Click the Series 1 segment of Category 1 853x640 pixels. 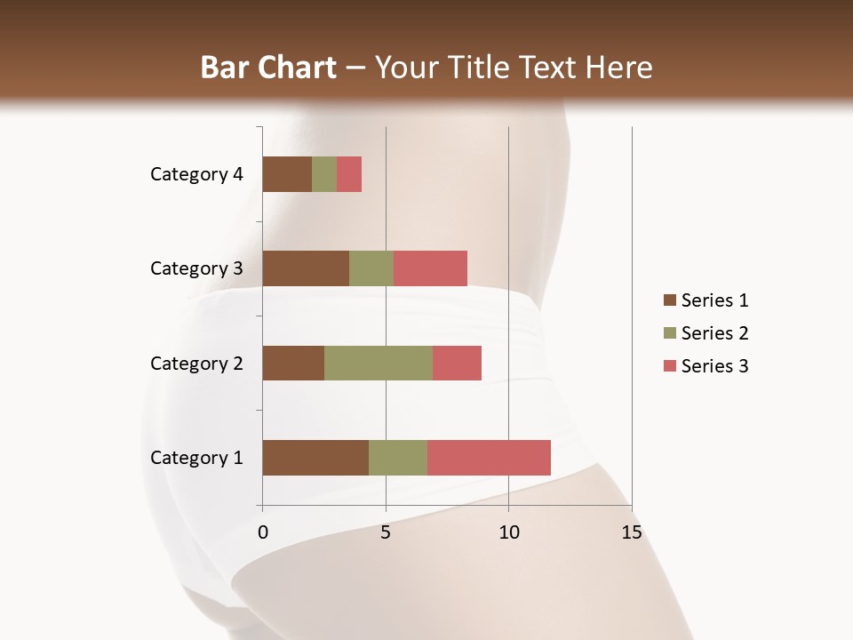pyautogui.click(x=315, y=458)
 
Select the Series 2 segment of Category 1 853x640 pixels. pyautogui.click(x=398, y=458)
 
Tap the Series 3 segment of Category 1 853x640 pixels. pyautogui.click(x=489, y=458)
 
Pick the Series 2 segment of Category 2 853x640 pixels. pyautogui.click(x=379, y=363)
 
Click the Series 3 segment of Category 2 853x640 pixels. pyautogui.click(x=457, y=363)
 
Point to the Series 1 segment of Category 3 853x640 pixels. pyautogui.click(x=306, y=268)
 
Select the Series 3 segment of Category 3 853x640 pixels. pyautogui.click(x=430, y=268)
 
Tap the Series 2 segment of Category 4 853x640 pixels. pyautogui.click(x=324, y=174)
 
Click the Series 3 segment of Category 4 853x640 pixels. pyautogui.click(x=349, y=174)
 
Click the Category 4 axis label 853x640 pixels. pyautogui.click(x=196, y=174)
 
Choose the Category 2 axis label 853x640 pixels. pyautogui.click(x=196, y=363)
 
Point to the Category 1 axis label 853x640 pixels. pyautogui.click(x=196, y=458)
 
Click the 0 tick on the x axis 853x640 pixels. pyautogui.click(x=263, y=532)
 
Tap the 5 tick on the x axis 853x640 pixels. pyautogui.click(x=386, y=532)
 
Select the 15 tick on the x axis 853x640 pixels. pyautogui.click(x=631, y=532)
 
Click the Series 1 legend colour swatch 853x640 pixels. pyautogui.click(x=669, y=300)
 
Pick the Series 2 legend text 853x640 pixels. pyautogui.click(x=714, y=333)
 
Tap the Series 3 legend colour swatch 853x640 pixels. pyautogui.click(x=669, y=366)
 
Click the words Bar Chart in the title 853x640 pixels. pyautogui.click(x=268, y=68)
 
